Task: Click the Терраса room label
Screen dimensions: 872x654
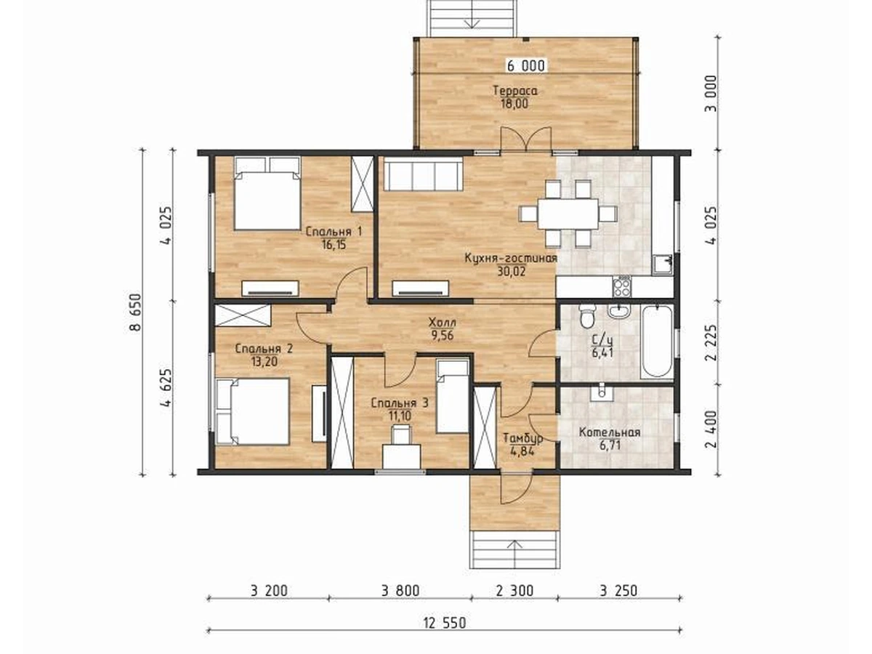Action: pyautogui.click(x=515, y=91)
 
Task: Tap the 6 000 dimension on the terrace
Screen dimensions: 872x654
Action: pyautogui.click(x=526, y=66)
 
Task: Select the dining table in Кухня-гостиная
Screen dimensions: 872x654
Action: pyautogui.click(x=568, y=214)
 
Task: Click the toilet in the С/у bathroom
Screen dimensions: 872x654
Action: pyautogui.click(x=586, y=315)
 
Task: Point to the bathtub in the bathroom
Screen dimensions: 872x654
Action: pyautogui.click(x=657, y=342)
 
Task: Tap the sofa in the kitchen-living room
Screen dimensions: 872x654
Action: pyautogui.click(x=423, y=174)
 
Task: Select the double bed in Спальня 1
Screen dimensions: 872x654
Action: pyautogui.click(x=267, y=193)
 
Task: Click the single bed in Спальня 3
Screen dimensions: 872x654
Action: pyautogui.click(x=452, y=396)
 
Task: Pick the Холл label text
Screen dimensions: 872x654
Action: pyautogui.click(x=442, y=322)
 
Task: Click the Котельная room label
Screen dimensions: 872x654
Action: pyautogui.click(x=610, y=432)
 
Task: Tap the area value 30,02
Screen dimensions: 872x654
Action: pyautogui.click(x=512, y=271)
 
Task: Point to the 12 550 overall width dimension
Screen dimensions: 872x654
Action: pyautogui.click(x=445, y=623)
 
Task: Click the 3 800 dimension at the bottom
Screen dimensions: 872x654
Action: pyautogui.click(x=400, y=591)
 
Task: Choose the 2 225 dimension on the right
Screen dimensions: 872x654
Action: pyautogui.click(x=711, y=343)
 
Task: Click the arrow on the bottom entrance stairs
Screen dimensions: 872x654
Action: pyautogui.click(x=515, y=553)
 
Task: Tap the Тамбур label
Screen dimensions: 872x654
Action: pyautogui.click(x=522, y=438)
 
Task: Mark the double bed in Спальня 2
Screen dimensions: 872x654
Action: pyautogui.click(x=253, y=411)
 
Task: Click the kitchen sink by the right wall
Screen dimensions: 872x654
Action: pyautogui.click(x=662, y=265)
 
